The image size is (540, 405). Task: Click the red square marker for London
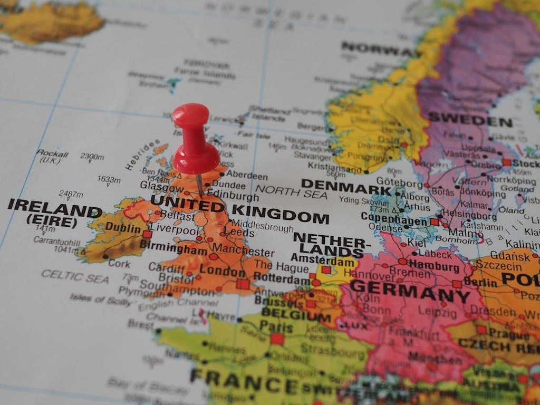[243, 284]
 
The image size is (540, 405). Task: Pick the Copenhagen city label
[394, 219]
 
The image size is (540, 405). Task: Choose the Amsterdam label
[323, 259]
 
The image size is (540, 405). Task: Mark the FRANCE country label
[243, 380]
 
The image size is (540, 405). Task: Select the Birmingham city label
[173, 249]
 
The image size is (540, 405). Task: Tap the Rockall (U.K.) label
[52, 156]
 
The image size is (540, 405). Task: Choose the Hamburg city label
[434, 266]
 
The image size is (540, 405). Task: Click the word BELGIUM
[296, 315]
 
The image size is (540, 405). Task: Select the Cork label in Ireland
[120, 263]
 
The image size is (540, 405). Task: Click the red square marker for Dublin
[147, 234]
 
